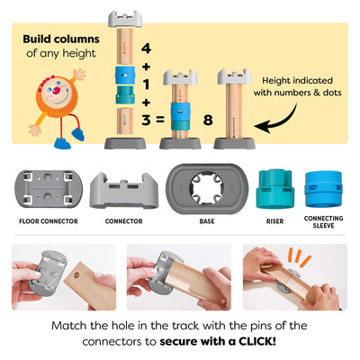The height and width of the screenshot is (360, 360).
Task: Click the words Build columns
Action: (57, 38)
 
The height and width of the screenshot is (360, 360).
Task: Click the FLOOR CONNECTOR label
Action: (47, 219)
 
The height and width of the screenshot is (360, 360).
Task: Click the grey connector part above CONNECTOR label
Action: (123, 189)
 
